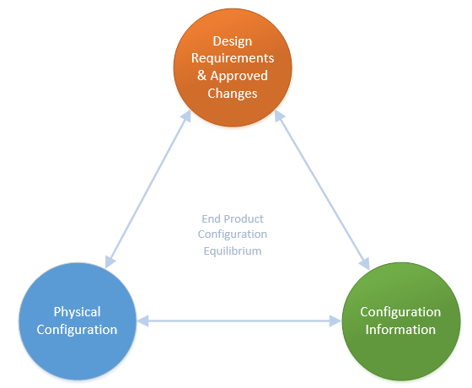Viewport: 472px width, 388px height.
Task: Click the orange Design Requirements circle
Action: (x=233, y=66)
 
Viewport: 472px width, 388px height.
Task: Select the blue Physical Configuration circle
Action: (x=77, y=321)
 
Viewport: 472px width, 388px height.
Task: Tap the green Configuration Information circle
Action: (x=400, y=321)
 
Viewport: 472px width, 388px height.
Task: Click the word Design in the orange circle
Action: (x=233, y=41)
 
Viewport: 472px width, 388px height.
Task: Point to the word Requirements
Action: (x=233, y=58)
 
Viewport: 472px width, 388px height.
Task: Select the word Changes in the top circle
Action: (x=233, y=93)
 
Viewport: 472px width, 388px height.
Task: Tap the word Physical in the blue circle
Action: (x=77, y=312)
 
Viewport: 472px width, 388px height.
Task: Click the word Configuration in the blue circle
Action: (x=77, y=329)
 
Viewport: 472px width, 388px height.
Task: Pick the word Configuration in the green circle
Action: (x=400, y=312)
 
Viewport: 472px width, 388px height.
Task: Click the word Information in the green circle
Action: (x=400, y=329)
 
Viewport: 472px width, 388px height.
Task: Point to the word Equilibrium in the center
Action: (x=233, y=251)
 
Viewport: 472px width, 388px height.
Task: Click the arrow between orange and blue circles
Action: (x=147, y=190)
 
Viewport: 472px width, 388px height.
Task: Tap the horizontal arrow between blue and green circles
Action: (x=239, y=321)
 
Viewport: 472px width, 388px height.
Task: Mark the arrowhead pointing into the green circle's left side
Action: (x=335, y=321)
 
